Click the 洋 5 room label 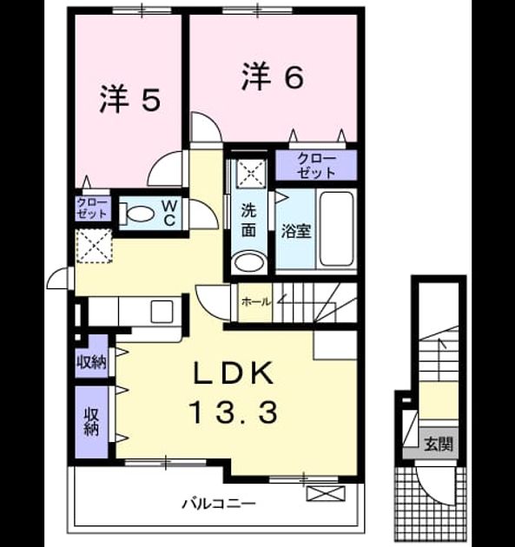(130, 99)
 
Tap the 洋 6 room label (273, 76)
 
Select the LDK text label (233, 373)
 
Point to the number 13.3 (233, 412)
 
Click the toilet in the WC (137, 214)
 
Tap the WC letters (170, 213)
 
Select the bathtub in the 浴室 (337, 228)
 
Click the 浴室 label (296, 231)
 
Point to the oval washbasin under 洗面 (249, 262)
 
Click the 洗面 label (248, 220)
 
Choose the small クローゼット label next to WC (92, 208)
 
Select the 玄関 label (439, 444)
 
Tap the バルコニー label (219, 504)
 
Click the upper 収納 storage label (92, 363)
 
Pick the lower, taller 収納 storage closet (92, 421)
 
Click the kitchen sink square (162, 311)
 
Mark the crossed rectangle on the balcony (326, 494)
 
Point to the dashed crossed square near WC (94, 246)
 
